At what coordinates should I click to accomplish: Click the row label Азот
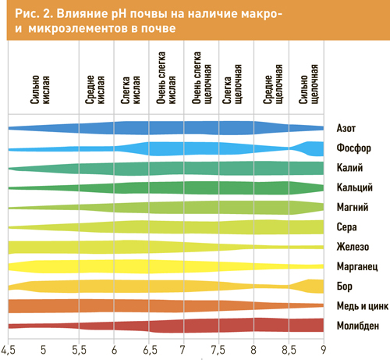(x=346, y=128)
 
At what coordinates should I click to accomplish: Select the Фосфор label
(x=353, y=148)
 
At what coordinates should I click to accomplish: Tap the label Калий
(x=349, y=168)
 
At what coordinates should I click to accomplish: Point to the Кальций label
(x=355, y=187)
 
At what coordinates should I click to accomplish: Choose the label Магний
(x=353, y=207)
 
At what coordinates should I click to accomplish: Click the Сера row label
(x=346, y=227)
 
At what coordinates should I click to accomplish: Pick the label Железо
(x=353, y=247)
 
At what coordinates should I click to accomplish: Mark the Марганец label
(x=357, y=266)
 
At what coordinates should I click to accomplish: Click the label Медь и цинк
(x=363, y=306)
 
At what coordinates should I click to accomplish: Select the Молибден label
(x=358, y=326)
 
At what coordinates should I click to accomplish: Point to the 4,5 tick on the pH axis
(x=8, y=350)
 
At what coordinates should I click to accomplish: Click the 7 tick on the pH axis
(x=183, y=350)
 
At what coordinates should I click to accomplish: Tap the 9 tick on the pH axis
(x=323, y=350)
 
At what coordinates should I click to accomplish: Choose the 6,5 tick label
(x=150, y=350)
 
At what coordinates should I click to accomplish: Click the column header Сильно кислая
(x=40, y=90)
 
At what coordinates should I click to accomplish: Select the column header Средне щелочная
(x=273, y=84)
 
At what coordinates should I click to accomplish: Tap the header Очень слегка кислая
(x=166, y=78)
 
